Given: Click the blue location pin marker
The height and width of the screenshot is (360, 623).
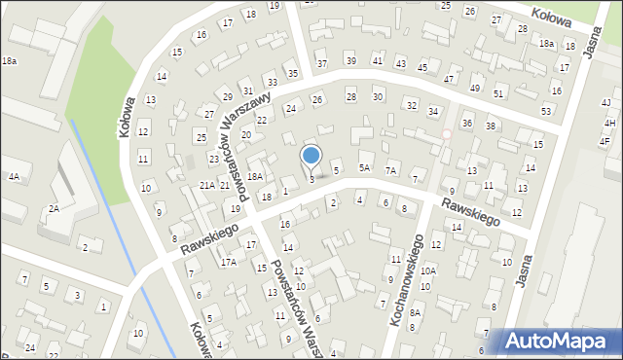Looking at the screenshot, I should click(x=311, y=156).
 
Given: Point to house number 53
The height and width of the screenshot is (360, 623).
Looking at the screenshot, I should click(x=546, y=112).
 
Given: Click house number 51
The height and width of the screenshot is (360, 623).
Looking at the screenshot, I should click(x=498, y=93).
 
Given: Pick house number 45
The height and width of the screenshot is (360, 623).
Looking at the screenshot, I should click(x=422, y=67).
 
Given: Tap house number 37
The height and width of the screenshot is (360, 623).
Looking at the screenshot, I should click(x=323, y=64).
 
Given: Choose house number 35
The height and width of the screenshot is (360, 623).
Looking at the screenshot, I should click(x=292, y=73).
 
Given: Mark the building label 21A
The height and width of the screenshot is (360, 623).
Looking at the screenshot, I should click(x=207, y=185).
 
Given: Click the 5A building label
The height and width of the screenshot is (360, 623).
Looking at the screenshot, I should click(x=364, y=167).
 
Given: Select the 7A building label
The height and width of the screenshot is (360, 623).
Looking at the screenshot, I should click(x=390, y=170).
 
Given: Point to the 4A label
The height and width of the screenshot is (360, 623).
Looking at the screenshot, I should click(x=14, y=177).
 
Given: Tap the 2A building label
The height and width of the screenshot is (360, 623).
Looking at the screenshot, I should click(x=55, y=208).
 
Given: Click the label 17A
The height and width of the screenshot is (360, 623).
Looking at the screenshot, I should click(x=228, y=262).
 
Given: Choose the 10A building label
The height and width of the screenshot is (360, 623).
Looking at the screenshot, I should click(x=428, y=271).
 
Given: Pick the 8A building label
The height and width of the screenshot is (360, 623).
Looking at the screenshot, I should click(x=415, y=312).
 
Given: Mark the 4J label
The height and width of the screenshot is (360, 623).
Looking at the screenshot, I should click(x=605, y=103).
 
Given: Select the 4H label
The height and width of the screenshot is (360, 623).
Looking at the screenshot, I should click(x=609, y=124).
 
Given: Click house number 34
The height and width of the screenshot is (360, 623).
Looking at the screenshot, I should click(x=433, y=112).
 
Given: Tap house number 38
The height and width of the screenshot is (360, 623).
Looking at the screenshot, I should click(x=491, y=126).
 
